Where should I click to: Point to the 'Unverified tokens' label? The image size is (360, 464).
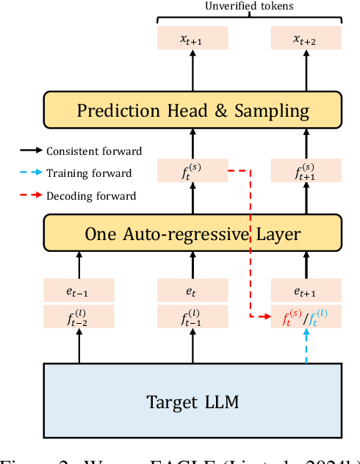pyautogui.click(x=249, y=6)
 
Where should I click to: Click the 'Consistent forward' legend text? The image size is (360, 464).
pyautogui.click(x=94, y=151)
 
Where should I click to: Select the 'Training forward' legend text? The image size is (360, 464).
pyautogui.click(x=89, y=173)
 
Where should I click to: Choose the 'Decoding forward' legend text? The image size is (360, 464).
pyautogui.click(x=91, y=196)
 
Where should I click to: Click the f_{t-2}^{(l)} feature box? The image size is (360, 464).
pyautogui.click(x=79, y=316)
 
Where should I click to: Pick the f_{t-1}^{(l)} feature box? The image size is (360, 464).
pyautogui.click(x=192, y=316)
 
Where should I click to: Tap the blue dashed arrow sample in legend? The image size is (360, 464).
pyautogui.click(x=30, y=173)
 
